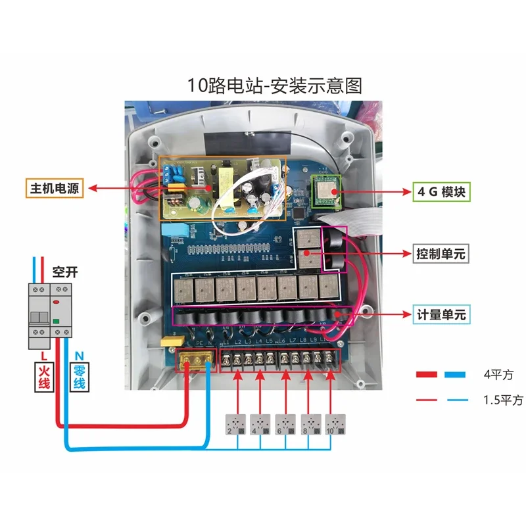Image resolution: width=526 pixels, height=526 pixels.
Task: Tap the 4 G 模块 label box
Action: pyautogui.click(x=441, y=192)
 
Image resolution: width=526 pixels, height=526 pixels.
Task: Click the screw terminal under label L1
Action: pyautogui.click(x=227, y=360)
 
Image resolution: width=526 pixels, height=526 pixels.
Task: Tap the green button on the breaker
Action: pyautogui.click(x=57, y=321)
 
